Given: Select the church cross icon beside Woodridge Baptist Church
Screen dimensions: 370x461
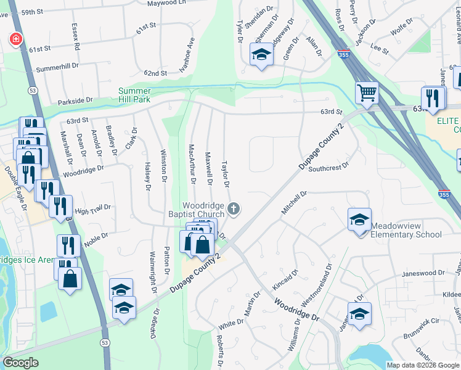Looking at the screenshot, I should tap(233, 209).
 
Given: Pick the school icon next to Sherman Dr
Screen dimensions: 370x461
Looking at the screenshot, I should tap(261, 55).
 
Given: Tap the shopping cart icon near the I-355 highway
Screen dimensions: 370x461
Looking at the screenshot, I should tap(367, 93).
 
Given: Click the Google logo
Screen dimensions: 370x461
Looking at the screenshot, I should tap(20, 363).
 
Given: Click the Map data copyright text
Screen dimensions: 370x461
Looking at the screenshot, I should tap(423, 365).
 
